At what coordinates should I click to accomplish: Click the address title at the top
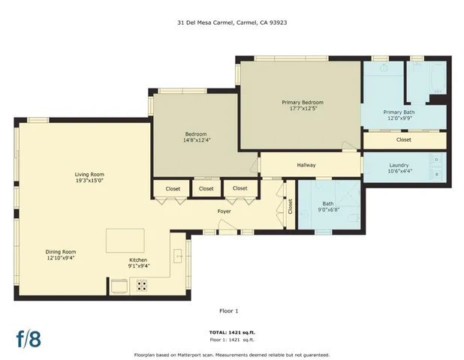tap(232, 22)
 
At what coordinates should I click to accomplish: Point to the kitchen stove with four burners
tap(142, 285)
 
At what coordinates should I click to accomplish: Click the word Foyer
tap(224, 211)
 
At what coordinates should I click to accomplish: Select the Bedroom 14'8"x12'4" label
tap(197, 136)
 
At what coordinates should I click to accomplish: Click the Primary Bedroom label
tap(303, 105)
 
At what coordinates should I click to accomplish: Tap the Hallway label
tap(306, 165)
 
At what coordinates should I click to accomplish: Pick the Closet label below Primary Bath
tap(403, 139)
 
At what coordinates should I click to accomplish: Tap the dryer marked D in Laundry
tap(438, 159)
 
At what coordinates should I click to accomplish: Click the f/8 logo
tap(29, 337)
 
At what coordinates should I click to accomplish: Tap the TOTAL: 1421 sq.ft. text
tap(232, 332)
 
